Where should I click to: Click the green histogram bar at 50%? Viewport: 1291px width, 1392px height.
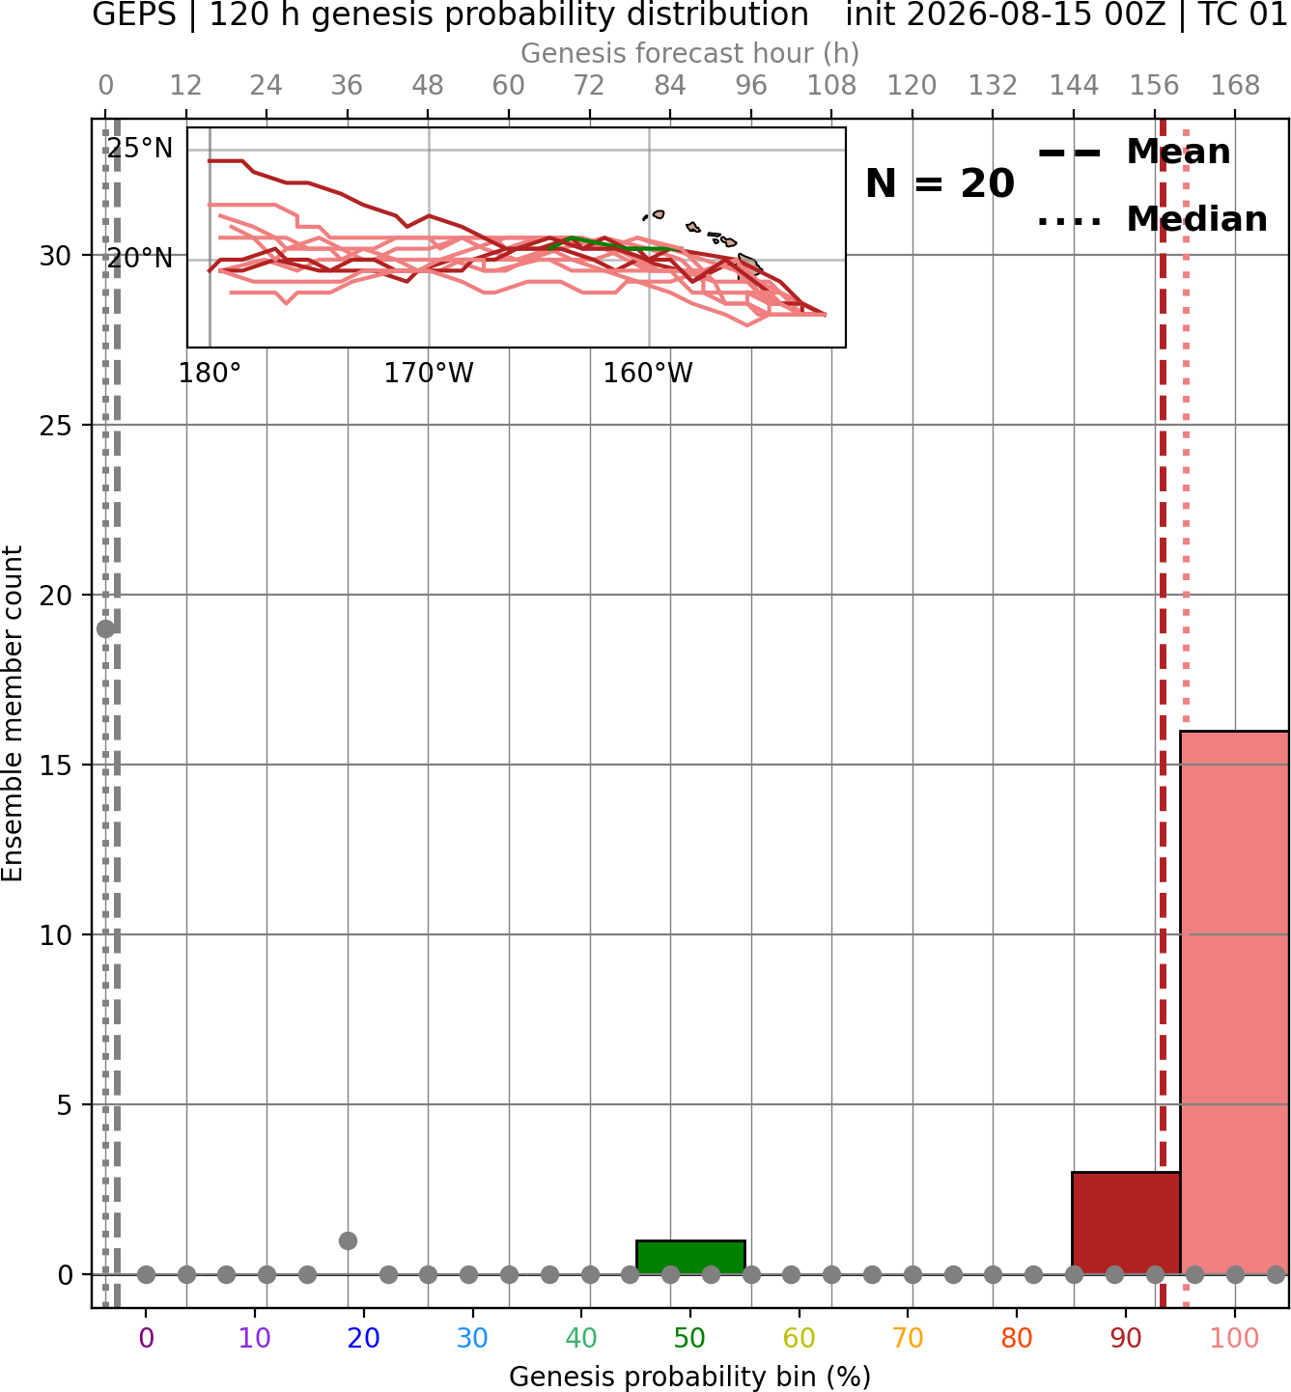coord(690,1257)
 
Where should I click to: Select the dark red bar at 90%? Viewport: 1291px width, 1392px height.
coord(1126,1223)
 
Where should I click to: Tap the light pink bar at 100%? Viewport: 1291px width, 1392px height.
coord(1234,1002)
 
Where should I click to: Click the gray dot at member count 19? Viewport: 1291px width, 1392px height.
coord(105,628)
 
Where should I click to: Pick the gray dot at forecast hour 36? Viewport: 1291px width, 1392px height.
coord(348,1240)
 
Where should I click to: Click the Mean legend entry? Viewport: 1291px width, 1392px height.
coord(1134,153)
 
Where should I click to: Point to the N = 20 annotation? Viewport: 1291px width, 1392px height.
coord(940,183)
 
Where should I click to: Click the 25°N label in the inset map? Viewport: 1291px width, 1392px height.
coord(140,149)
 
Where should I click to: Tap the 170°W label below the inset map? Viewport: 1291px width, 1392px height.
coord(429,373)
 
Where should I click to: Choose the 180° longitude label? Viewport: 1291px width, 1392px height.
coord(209,373)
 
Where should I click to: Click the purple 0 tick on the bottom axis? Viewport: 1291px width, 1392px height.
coord(146,1338)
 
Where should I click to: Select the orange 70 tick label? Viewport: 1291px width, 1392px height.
coord(908,1338)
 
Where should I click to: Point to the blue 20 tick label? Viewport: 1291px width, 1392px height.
coord(363,1338)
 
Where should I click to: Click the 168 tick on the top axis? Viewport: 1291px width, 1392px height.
coord(1235,86)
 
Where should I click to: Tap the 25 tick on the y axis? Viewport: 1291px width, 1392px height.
coord(56,426)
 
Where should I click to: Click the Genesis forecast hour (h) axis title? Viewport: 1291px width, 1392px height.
coord(690,53)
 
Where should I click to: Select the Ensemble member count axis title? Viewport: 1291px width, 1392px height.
coord(12,713)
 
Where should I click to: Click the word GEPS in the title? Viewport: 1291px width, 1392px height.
coord(134,15)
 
